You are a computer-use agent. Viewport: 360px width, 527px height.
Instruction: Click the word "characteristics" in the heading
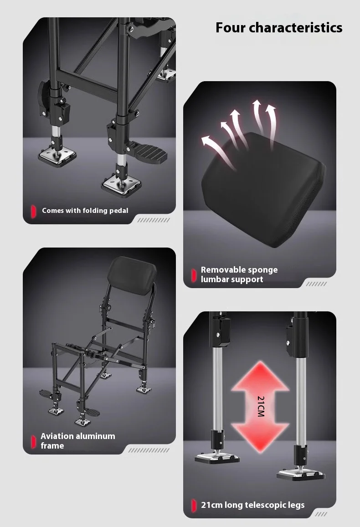pyautogui.click(x=296, y=27)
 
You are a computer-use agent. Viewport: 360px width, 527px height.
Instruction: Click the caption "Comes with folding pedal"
pyautogui.click(x=85, y=211)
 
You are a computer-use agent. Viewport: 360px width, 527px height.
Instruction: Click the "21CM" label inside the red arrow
pyautogui.click(x=261, y=406)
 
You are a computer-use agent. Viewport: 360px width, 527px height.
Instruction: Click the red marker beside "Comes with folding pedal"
pyautogui.click(x=33, y=211)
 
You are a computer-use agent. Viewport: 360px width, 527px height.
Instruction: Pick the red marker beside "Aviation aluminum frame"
pyautogui.click(x=33, y=442)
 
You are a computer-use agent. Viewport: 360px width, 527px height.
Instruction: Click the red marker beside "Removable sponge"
pyautogui.click(x=193, y=275)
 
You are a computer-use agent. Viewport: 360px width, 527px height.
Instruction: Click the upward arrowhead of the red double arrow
pyautogui.click(x=260, y=376)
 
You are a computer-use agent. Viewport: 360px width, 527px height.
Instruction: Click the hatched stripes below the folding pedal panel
pyautogui.click(x=154, y=220)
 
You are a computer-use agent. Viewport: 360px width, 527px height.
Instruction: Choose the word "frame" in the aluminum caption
pyautogui.click(x=52, y=446)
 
